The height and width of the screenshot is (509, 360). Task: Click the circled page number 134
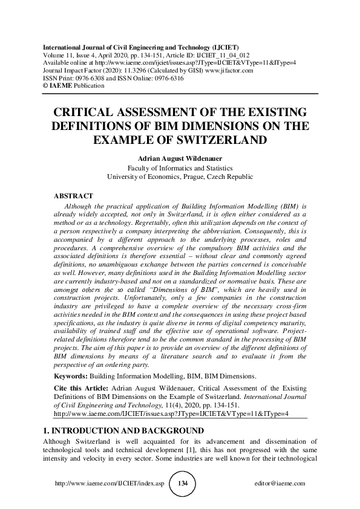(x=180, y=484)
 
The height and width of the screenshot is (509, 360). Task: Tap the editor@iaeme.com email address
(x=281, y=484)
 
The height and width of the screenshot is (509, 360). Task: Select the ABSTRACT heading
(x=73, y=196)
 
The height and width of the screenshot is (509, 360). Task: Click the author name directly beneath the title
(x=180, y=159)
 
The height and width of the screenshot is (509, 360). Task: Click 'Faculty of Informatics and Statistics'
(x=180, y=168)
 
